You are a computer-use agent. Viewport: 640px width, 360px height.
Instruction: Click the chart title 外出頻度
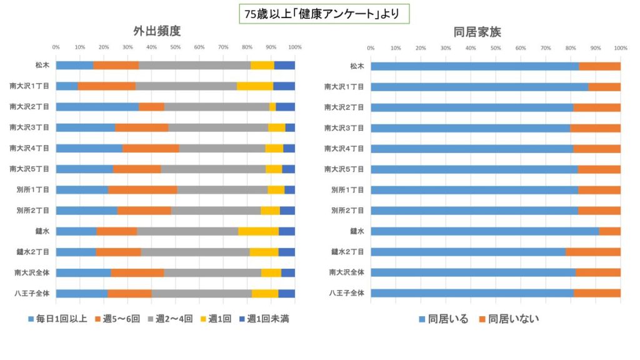(152, 31)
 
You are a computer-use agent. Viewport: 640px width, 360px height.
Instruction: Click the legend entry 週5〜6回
(119, 319)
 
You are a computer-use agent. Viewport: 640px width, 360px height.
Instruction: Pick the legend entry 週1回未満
(262, 319)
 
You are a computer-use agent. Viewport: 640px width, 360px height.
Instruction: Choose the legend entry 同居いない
(509, 319)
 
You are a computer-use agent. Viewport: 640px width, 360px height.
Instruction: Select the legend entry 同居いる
(443, 319)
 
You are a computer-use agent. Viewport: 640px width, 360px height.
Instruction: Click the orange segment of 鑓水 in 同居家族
(609, 231)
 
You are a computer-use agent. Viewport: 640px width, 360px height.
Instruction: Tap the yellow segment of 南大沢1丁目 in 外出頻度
(255, 86)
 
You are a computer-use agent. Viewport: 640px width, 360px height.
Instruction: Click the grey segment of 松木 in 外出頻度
(194, 65)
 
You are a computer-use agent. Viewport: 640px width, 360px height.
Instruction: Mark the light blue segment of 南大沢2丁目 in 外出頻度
(97, 107)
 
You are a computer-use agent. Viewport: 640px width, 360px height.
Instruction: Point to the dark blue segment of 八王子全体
(286, 293)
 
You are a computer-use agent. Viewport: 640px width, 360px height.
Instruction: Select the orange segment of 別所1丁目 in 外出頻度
(142, 189)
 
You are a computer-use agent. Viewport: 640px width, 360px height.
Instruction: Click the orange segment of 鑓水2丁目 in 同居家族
(593, 252)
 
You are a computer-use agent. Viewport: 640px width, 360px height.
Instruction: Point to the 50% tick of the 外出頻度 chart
(176, 47)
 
